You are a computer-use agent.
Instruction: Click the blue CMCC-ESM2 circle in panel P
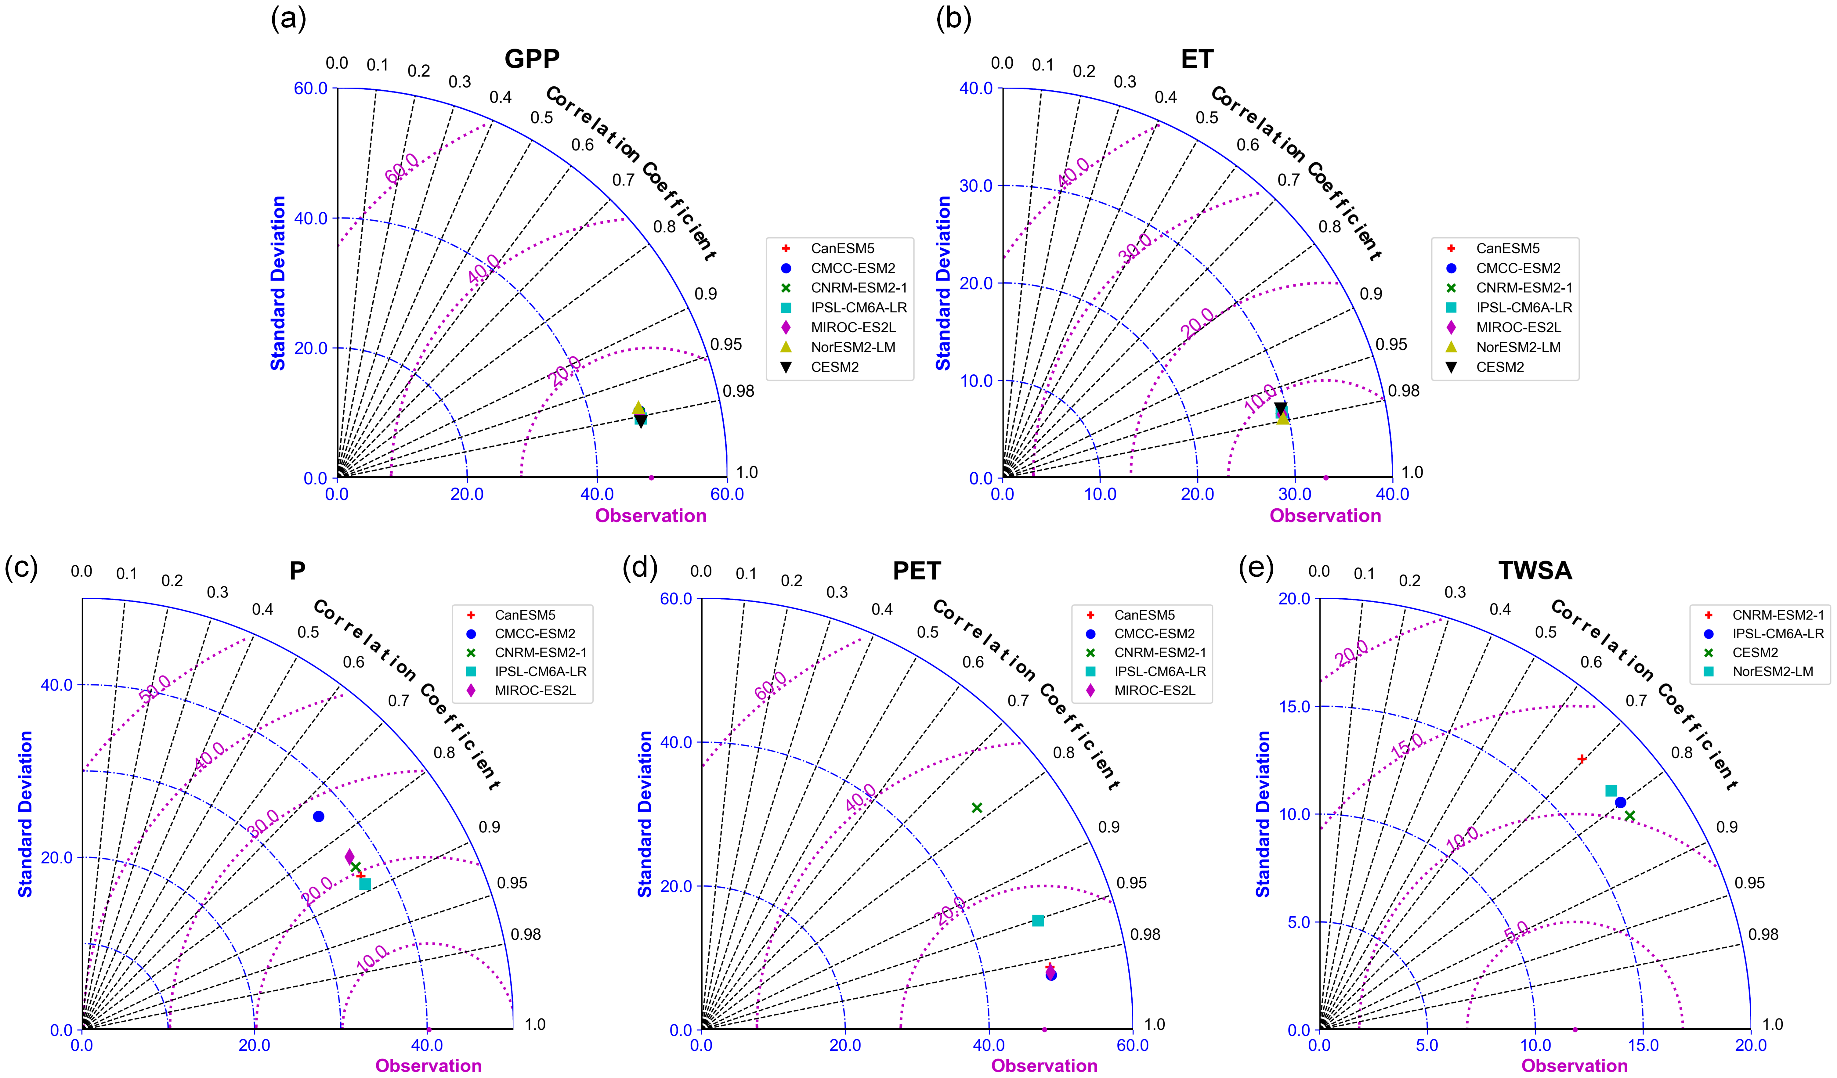(319, 816)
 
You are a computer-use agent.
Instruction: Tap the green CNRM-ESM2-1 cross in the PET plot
(977, 808)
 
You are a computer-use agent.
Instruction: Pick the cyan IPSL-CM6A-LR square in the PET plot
(1038, 921)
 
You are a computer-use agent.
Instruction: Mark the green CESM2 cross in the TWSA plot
(1630, 816)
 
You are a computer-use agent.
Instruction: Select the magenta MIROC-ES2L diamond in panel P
(350, 856)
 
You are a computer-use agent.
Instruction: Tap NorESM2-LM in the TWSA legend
(1773, 671)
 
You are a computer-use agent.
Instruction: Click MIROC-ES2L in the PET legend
(1155, 690)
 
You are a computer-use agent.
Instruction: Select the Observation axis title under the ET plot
(1325, 516)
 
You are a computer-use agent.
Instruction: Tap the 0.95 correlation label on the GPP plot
(726, 344)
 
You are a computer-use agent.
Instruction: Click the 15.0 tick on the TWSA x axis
(1643, 1045)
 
